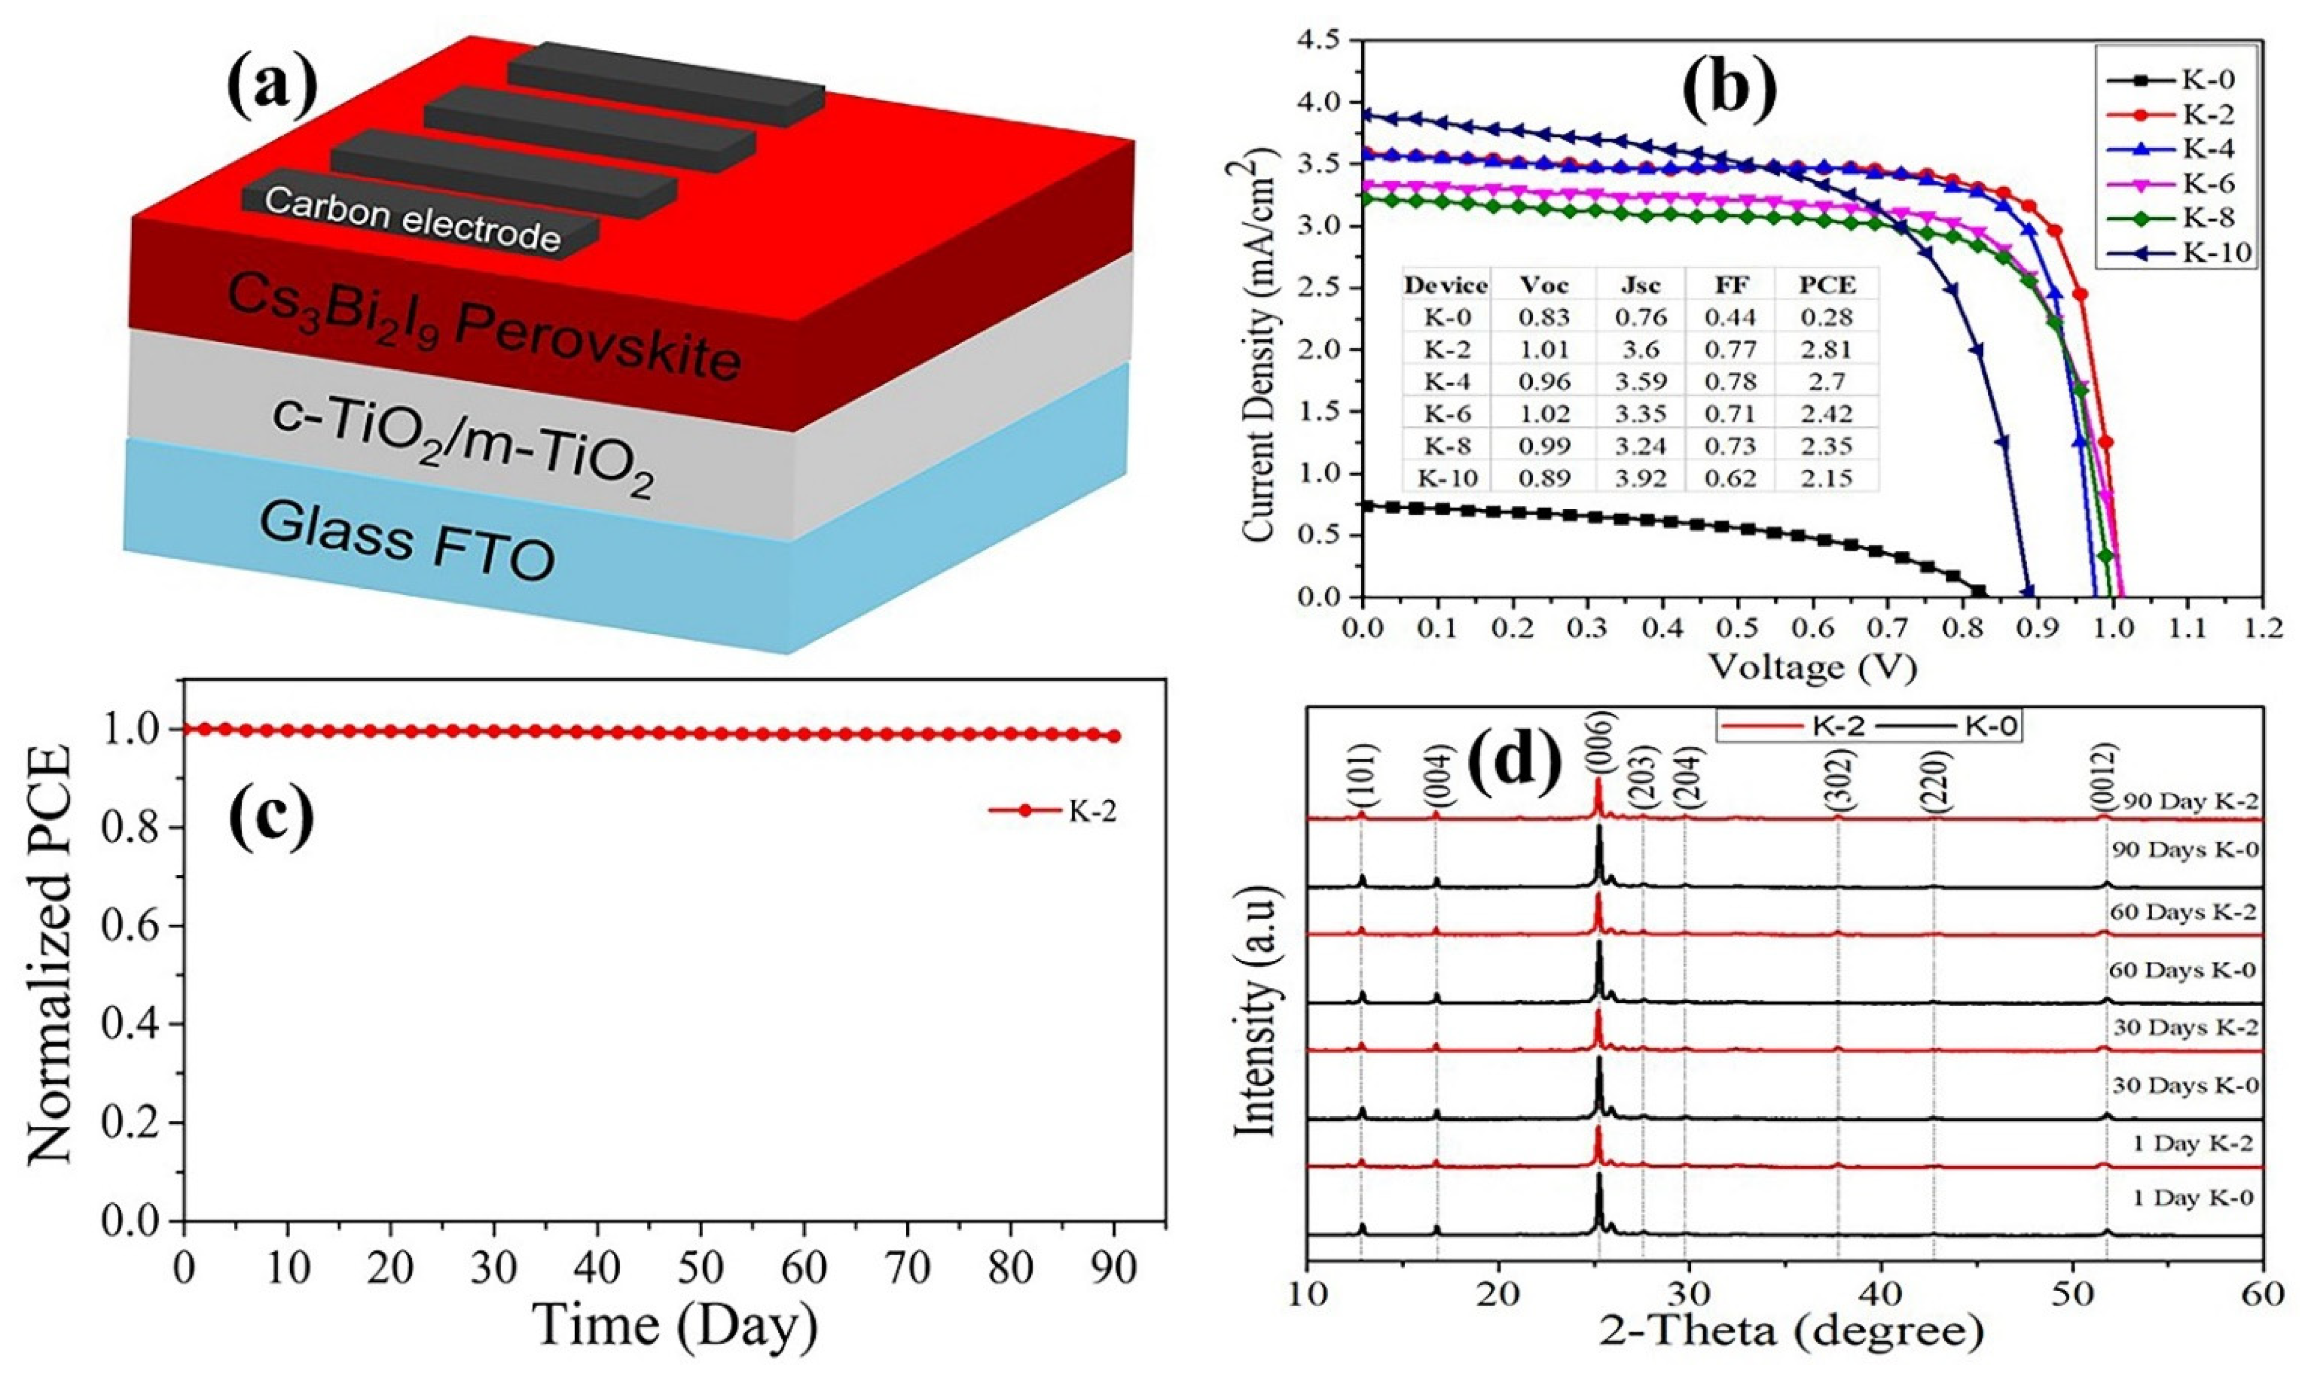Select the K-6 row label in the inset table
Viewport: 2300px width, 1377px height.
coord(1445,413)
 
